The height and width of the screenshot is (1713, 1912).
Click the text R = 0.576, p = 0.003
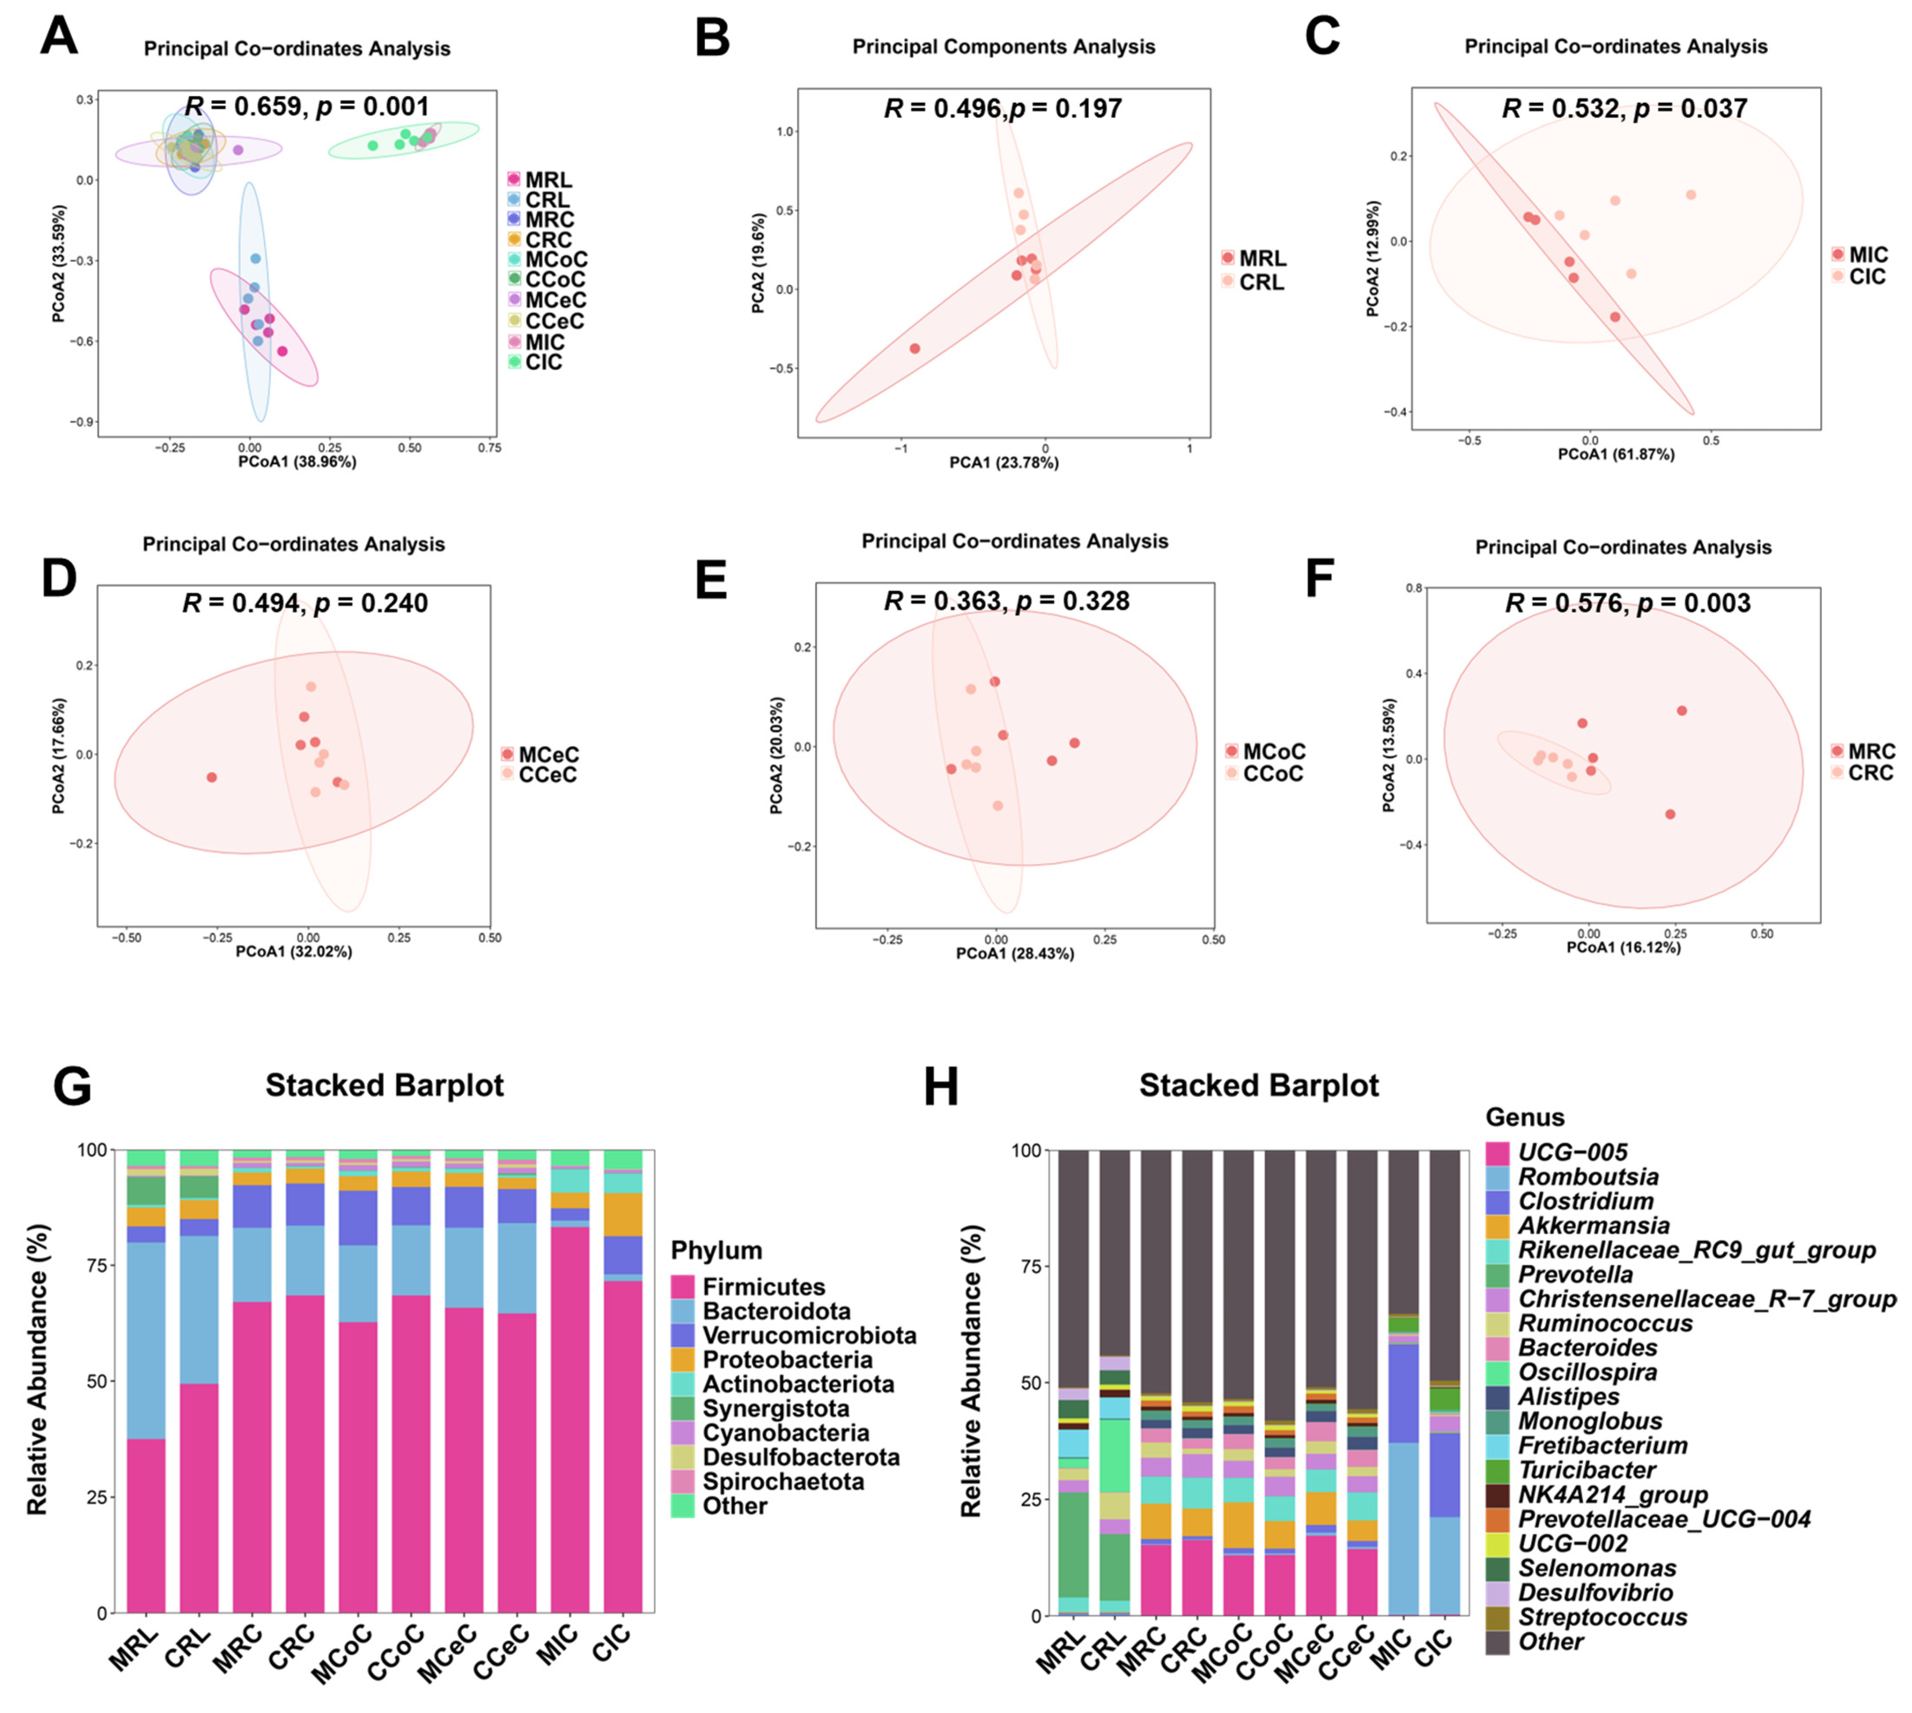tap(1628, 603)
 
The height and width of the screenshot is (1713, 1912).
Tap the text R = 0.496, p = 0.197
tap(1003, 109)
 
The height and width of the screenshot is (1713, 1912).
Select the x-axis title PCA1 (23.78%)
tap(1004, 462)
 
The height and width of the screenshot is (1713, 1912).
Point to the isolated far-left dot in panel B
tap(914, 348)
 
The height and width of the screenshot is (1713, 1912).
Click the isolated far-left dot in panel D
tap(212, 777)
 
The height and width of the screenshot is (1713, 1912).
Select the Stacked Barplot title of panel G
tap(384, 1085)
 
